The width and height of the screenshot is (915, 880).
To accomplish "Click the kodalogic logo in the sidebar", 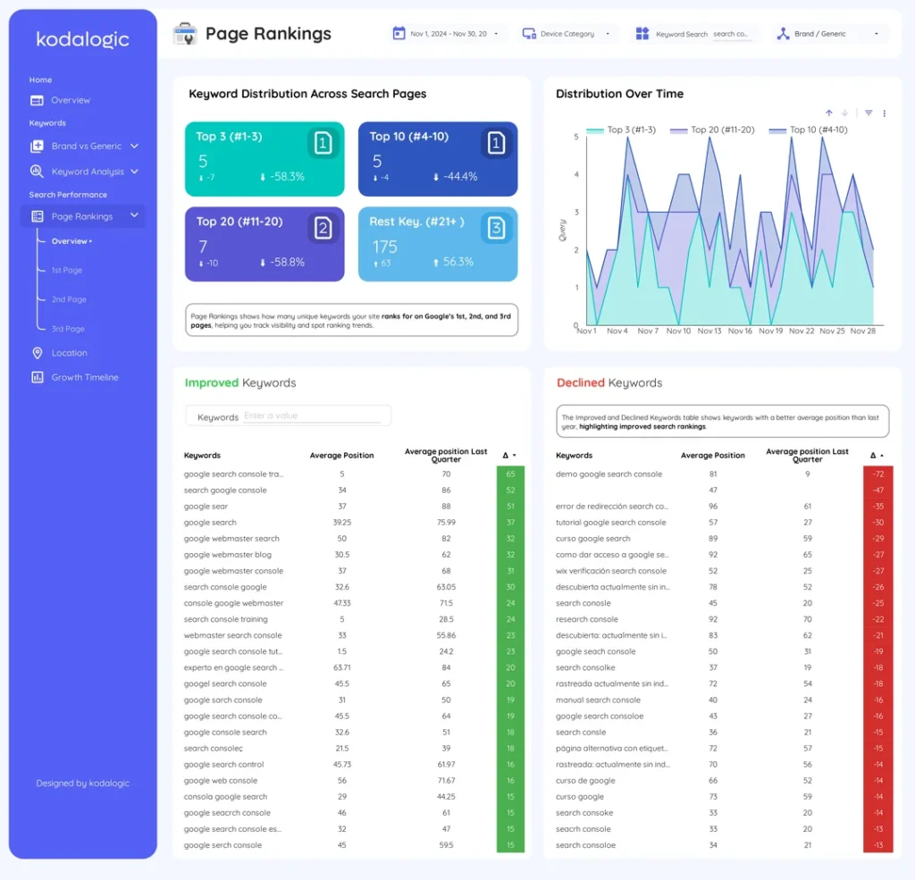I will tap(82, 39).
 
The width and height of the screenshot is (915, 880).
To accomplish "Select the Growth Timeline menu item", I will tap(84, 377).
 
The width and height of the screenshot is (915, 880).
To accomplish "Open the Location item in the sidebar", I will tap(69, 353).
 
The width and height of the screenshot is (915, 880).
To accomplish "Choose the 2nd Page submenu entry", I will tap(69, 299).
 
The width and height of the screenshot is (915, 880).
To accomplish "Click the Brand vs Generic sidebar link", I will tap(86, 146).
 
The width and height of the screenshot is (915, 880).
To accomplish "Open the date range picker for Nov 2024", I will tap(449, 34).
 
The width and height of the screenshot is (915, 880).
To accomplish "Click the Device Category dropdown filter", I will tap(567, 34).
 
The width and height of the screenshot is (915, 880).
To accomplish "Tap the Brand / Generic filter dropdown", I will tap(827, 34).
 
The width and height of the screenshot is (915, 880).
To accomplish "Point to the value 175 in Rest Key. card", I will tap(385, 247).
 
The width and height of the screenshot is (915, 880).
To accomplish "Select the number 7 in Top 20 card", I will tap(203, 247).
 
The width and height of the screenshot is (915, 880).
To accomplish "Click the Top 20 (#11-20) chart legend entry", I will tap(722, 130).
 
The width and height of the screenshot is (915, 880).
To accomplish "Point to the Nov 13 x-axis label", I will tap(709, 331).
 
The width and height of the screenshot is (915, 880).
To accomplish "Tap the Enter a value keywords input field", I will tap(312, 415).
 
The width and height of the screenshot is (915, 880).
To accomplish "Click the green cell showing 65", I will tap(510, 474).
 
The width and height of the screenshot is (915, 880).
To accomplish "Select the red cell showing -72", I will tap(877, 474).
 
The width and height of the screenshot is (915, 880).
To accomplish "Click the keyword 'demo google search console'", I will tap(609, 474).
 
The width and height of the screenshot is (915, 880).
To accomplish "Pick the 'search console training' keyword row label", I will tap(225, 619).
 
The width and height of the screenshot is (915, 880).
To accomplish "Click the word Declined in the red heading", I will tap(581, 383).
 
